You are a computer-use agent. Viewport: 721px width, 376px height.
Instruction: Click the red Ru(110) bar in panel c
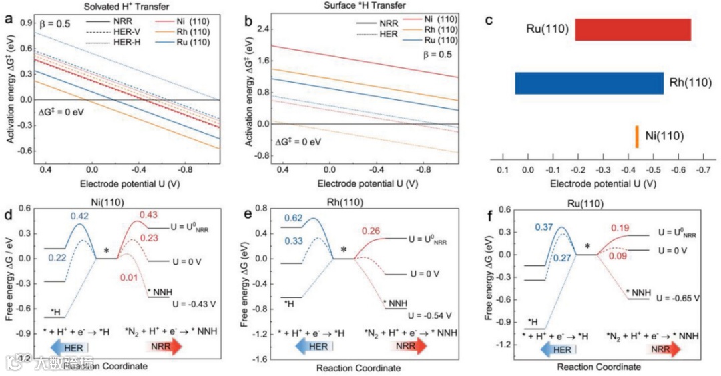click(633, 30)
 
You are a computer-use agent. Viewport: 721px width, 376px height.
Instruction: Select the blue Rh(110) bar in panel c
click(589, 83)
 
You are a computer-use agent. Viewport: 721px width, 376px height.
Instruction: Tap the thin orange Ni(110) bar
click(637, 136)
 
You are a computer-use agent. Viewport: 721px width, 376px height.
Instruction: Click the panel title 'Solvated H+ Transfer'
click(122, 6)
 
